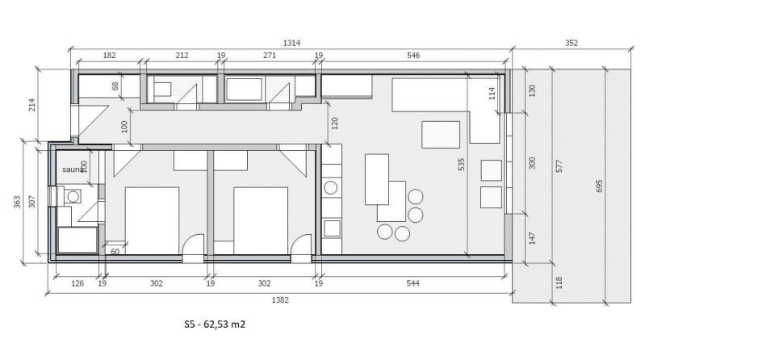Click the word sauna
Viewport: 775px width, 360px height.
pos(73,170)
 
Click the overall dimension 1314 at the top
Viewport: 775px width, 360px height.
pos(291,43)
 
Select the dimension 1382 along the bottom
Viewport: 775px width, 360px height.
pos(280,300)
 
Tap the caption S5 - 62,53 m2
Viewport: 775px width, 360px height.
pos(215,325)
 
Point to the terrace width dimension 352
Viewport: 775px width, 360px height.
pos(571,43)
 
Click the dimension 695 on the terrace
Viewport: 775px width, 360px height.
pos(600,186)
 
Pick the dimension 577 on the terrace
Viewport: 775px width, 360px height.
pos(559,166)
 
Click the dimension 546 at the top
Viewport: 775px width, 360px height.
pos(413,56)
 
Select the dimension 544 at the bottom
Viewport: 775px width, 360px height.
pos(413,283)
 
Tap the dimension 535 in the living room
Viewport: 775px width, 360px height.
pos(461,165)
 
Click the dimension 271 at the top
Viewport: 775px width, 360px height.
pos(270,56)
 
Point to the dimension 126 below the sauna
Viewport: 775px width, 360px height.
pos(77,283)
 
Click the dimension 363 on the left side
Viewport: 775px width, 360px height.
pos(18,202)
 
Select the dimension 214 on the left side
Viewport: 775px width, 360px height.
pos(32,105)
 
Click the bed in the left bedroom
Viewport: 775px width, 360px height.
pos(152,220)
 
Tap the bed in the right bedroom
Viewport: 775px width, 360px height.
pos(261,220)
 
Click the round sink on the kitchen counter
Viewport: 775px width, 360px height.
pos(331,188)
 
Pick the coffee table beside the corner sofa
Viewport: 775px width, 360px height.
pos(441,135)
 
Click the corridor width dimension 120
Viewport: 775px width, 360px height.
pos(334,122)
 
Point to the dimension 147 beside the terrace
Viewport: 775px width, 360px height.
pos(532,238)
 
